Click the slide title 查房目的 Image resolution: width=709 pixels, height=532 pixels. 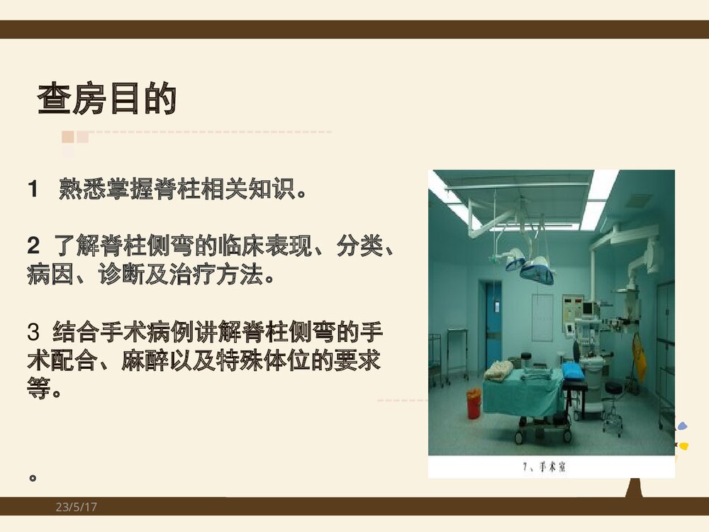coord(106,99)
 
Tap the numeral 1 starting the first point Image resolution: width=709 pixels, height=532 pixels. coord(32,189)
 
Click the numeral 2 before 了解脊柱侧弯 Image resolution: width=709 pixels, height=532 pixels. coord(33,248)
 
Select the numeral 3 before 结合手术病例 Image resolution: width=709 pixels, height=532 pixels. coord(33,331)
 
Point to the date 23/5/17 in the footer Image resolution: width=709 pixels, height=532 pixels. coord(77,507)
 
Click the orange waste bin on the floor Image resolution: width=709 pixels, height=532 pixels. coord(474,403)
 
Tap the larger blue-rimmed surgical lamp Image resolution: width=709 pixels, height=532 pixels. coord(537,272)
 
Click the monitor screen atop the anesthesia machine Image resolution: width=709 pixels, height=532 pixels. coord(587,309)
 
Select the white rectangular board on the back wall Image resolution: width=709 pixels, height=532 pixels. coord(542,317)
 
